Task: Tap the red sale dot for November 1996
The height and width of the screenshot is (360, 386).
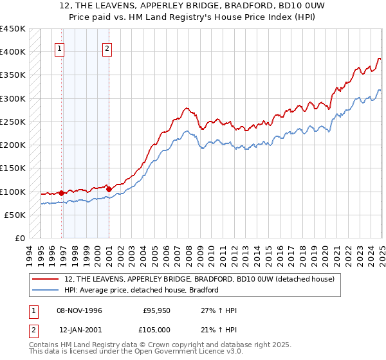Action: click(62, 193)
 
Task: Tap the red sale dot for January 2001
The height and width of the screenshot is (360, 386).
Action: click(109, 189)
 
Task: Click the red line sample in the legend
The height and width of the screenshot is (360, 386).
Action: click(46, 280)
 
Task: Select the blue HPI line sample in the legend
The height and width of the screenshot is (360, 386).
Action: click(46, 290)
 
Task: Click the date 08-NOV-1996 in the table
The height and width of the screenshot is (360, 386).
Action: click(79, 310)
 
